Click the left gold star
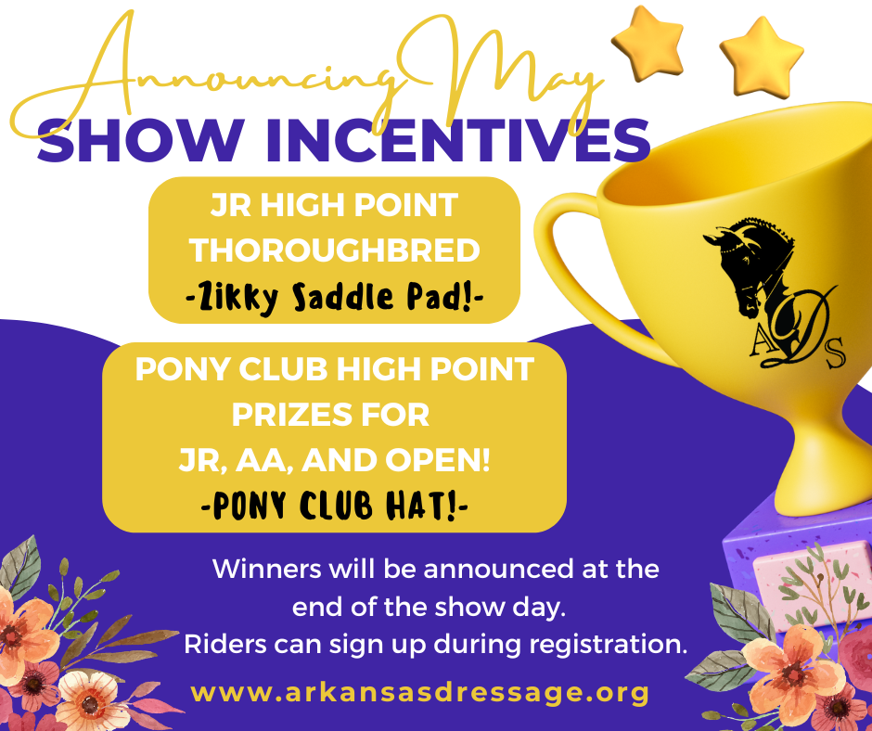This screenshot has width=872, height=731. [648, 43]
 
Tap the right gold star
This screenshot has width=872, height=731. [762, 57]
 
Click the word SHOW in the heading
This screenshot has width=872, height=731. [141, 140]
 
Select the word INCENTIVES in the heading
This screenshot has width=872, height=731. [458, 140]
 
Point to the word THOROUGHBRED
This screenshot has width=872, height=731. [335, 250]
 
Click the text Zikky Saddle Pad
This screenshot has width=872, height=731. [334, 298]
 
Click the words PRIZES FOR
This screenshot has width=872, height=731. [330, 415]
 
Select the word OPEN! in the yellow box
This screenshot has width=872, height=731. [438, 461]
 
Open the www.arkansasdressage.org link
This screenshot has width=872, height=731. [420, 693]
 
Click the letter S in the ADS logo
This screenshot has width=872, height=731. [834, 353]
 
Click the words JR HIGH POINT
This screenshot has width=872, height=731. [334, 205]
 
